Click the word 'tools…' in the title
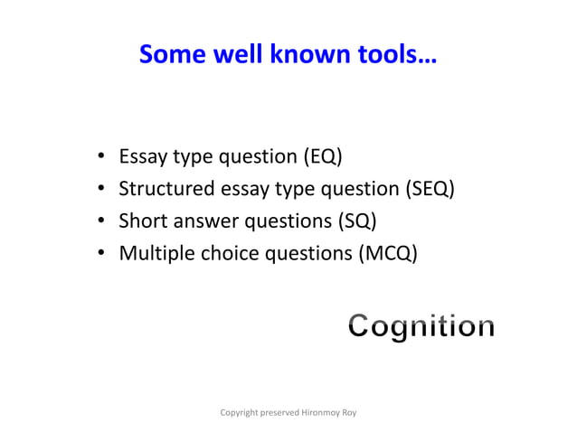click(395, 56)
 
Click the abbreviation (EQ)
click(321, 157)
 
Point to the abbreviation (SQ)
click(356, 221)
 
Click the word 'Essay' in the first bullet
click(144, 157)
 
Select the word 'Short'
click(143, 221)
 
